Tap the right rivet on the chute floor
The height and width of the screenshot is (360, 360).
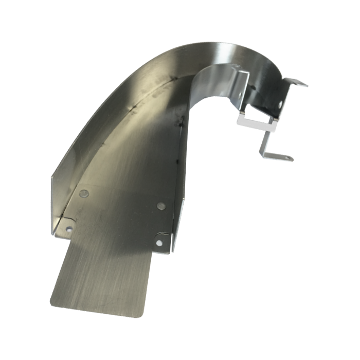(x=161, y=205)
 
